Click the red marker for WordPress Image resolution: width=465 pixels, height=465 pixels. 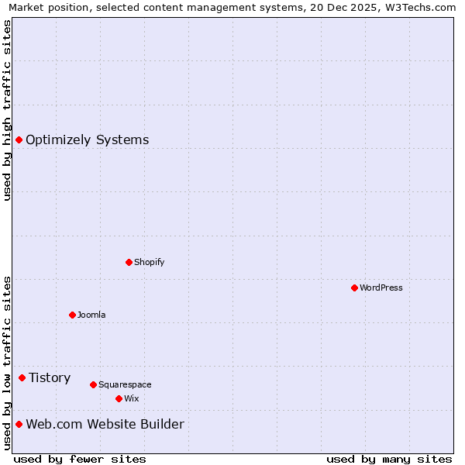pyautogui.click(x=354, y=288)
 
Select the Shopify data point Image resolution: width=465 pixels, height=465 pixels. pyautogui.click(x=129, y=262)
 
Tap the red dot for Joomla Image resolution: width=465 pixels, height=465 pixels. pyautogui.click(x=72, y=315)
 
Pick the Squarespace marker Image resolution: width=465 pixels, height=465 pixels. pyautogui.click(x=93, y=384)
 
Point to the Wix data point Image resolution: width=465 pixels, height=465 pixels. pyautogui.click(x=119, y=398)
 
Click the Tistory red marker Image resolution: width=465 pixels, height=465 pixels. pyautogui.click(x=22, y=377)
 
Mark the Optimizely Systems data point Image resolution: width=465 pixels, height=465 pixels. pyautogui.click(x=19, y=139)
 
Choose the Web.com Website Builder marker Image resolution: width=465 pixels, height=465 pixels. pyautogui.click(x=19, y=424)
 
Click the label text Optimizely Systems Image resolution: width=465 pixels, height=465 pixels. pyautogui.click(x=87, y=140)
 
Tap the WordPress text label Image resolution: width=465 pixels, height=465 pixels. pyautogui.click(x=381, y=288)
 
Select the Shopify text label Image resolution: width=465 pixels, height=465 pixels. pyautogui.click(x=149, y=262)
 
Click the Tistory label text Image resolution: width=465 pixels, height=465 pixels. pyautogui.click(x=50, y=378)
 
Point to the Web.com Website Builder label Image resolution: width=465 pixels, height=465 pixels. pyautogui.click(x=105, y=425)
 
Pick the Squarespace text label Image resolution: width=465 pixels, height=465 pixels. pyautogui.click(x=125, y=384)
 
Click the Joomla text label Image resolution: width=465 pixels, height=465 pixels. pyautogui.click(x=91, y=315)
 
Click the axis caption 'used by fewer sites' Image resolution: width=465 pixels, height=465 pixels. pyautogui.click(x=80, y=459)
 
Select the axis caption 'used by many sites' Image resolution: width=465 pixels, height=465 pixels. pyautogui.click(x=389, y=459)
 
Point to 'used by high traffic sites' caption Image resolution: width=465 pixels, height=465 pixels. pyautogui.click(x=7, y=110)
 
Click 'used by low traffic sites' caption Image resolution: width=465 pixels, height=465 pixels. pyautogui.click(x=7, y=363)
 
